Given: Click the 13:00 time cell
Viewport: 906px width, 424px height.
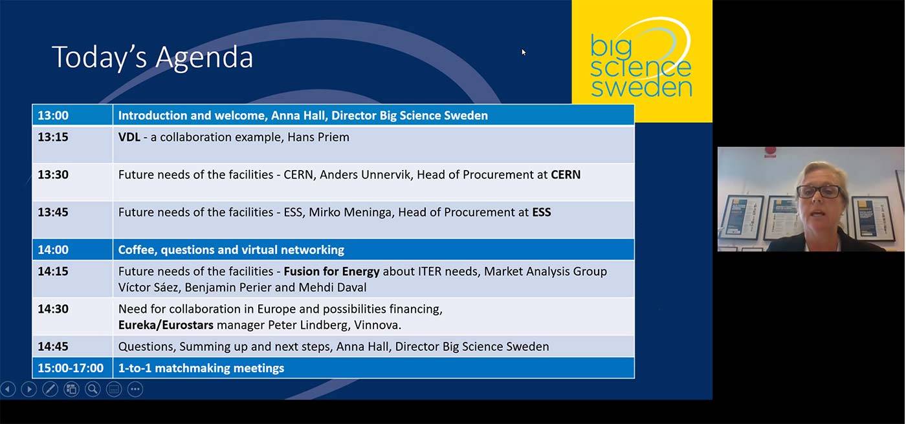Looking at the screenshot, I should [53, 116].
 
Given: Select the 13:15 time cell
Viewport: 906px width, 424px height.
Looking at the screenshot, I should [53, 137].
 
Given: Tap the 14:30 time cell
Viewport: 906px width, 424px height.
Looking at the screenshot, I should [53, 309].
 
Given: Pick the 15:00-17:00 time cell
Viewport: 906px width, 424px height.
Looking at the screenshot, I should [71, 368].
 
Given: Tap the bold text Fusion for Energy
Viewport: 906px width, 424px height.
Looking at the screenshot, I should [331, 271].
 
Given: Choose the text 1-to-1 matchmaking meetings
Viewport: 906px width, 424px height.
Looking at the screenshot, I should [201, 368].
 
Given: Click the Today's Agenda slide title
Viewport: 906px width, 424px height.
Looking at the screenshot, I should [153, 57].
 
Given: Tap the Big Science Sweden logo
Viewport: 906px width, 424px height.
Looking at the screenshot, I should [641, 60].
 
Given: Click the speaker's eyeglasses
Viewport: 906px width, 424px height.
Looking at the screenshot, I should [819, 192].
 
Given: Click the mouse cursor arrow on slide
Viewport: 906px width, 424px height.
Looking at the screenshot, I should [524, 52].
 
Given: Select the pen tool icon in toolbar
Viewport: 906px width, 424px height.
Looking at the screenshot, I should [50, 389].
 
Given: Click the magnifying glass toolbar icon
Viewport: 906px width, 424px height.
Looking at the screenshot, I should [93, 389].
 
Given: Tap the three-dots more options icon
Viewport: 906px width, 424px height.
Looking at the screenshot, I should [135, 389].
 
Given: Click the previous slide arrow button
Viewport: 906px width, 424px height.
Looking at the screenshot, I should [8, 389].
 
